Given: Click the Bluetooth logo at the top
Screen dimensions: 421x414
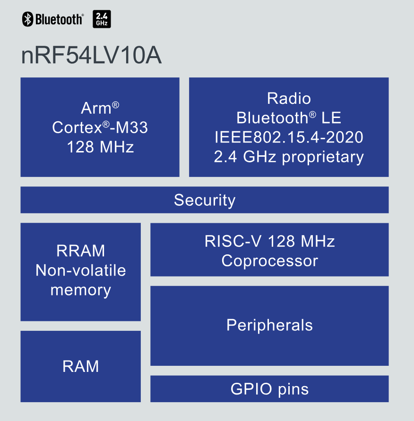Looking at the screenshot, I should click(52, 19).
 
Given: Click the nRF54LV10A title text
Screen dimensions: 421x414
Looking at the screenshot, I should click(91, 56).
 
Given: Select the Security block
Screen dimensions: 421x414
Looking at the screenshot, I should click(204, 200).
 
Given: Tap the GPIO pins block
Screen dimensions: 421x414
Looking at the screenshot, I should click(269, 389).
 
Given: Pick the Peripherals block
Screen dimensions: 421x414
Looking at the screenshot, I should click(269, 325).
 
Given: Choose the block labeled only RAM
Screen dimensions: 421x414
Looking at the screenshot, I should click(81, 366).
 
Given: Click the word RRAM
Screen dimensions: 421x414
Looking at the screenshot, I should click(81, 251).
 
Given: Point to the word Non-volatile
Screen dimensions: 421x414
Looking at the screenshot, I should click(81, 270).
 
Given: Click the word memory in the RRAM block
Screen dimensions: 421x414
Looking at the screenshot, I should click(81, 290).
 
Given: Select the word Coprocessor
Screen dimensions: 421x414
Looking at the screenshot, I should click(269, 261).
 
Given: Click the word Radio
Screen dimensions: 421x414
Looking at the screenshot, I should click(289, 98).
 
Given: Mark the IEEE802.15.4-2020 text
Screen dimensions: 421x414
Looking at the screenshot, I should click(289, 137).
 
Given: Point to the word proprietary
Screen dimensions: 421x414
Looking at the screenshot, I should click(323, 157).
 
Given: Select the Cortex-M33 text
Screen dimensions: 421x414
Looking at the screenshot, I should click(100, 127).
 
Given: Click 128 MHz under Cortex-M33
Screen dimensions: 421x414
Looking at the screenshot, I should click(100, 147).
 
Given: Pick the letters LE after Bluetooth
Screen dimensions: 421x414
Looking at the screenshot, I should click(331, 118).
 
